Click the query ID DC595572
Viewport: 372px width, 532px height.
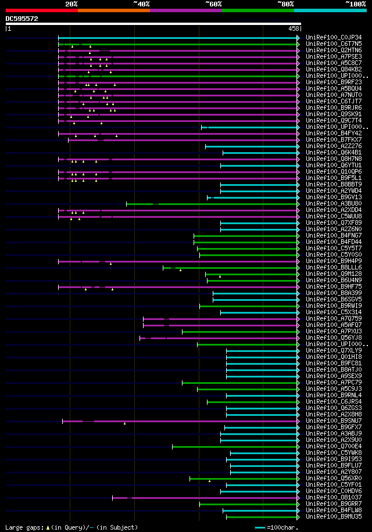pos(22,19)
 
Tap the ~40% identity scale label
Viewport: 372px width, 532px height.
pos(141,3)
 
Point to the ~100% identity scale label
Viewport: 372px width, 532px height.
pos(356,3)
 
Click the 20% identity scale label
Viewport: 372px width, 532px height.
pos(71,3)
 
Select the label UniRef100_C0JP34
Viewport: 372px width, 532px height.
pos(334,37)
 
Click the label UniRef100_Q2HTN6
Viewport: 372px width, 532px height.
pos(334,50)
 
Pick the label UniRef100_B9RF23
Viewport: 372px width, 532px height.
pos(334,82)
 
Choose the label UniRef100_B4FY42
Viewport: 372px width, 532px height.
pos(334,133)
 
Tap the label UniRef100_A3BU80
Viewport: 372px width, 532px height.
pos(334,203)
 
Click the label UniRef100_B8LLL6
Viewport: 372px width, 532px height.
pos(334,267)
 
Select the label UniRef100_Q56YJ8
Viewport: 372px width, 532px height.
pos(334,337)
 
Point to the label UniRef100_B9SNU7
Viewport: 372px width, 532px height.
pos(334,420)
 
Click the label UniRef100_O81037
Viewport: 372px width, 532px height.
pos(334,497)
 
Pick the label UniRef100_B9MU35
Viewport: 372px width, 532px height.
pos(334,516)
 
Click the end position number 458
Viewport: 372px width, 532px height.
pos(294,28)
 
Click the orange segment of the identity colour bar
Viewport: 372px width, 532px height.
pos(113,10)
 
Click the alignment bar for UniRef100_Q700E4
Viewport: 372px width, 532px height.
pos(235,446)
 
